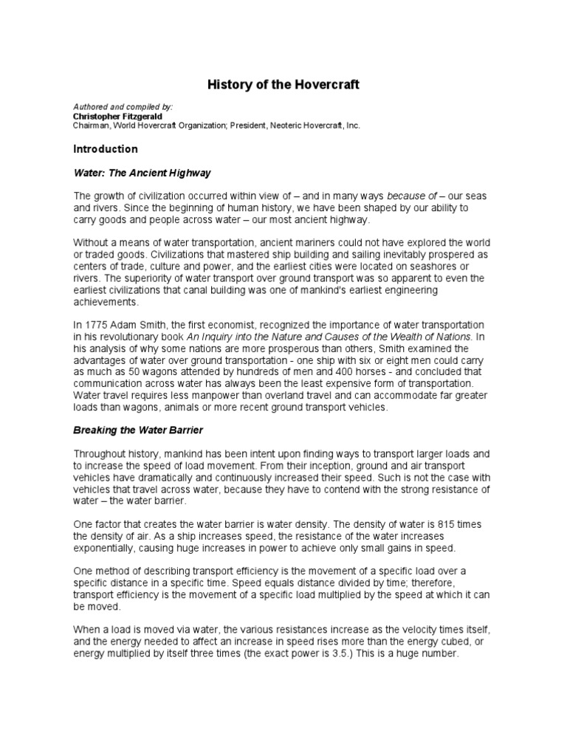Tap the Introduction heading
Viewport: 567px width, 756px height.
(105, 148)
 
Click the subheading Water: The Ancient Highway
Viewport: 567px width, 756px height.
(142, 173)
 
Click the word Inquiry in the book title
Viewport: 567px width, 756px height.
(224, 337)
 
